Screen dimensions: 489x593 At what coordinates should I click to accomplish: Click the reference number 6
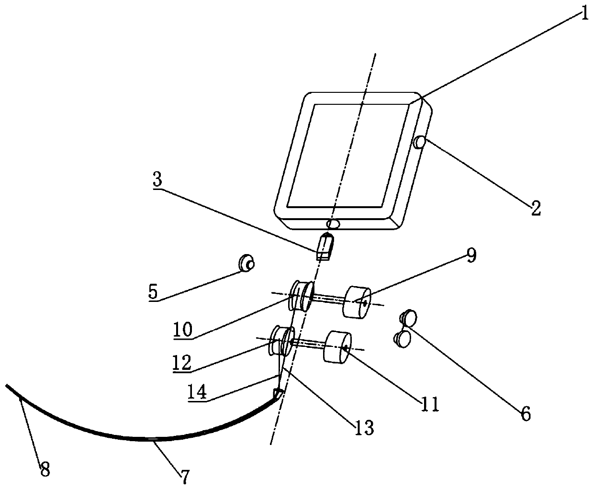pyautogui.click(x=526, y=414)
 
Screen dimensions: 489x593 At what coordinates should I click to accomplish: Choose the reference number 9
pyautogui.click(x=471, y=256)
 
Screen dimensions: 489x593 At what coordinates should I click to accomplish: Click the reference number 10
pyautogui.click(x=183, y=330)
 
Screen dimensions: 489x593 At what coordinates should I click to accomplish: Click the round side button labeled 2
pyautogui.click(x=419, y=142)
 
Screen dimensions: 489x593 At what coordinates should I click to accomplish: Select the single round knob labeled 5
pyautogui.click(x=246, y=263)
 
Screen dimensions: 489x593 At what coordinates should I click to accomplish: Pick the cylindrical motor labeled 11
pyautogui.click(x=337, y=347)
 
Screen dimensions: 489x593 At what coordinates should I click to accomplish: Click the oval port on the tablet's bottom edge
pyautogui.click(x=333, y=224)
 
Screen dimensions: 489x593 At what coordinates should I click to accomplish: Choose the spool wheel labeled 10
pyautogui.click(x=302, y=296)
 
